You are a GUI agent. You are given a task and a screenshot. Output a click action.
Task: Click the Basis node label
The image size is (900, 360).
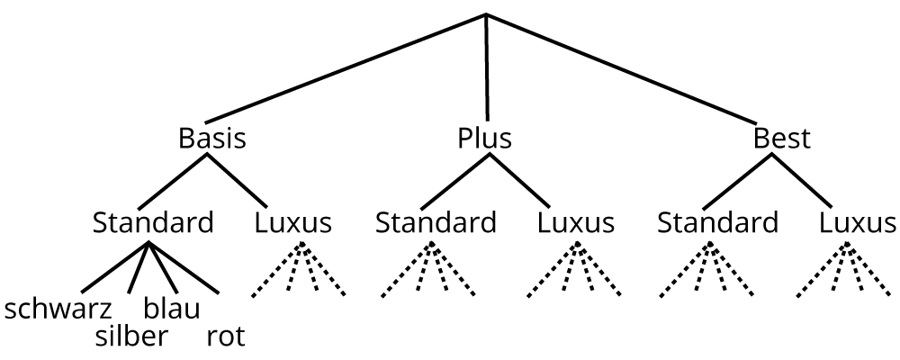click(x=212, y=139)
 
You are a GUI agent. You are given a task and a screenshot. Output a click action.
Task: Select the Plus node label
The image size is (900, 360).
click(x=484, y=139)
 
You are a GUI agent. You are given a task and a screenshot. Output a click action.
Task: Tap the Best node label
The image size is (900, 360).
click(x=781, y=139)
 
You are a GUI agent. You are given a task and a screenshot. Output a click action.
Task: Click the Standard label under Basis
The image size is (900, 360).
click(x=153, y=221)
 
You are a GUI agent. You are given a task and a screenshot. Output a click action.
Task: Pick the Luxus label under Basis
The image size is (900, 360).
click(x=293, y=221)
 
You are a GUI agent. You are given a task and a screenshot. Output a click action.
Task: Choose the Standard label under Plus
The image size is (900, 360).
click(x=436, y=221)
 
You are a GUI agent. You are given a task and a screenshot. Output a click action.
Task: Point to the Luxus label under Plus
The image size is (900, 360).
click(x=576, y=221)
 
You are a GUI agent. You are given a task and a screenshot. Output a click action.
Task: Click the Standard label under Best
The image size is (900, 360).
click(x=717, y=221)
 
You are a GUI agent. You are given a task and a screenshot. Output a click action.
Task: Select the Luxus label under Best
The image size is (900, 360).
click(x=858, y=221)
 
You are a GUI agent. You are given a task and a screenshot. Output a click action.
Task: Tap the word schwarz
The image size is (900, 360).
click(x=58, y=310)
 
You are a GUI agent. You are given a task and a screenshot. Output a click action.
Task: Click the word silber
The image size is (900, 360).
click(x=131, y=337)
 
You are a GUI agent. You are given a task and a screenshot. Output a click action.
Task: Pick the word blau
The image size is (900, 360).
click(x=172, y=310)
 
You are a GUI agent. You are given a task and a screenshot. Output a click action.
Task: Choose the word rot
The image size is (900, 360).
click(x=225, y=337)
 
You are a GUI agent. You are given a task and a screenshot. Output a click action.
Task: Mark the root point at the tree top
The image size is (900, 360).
click(x=486, y=15)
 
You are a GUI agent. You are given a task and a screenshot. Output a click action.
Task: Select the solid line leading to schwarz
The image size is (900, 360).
click(x=115, y=268)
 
